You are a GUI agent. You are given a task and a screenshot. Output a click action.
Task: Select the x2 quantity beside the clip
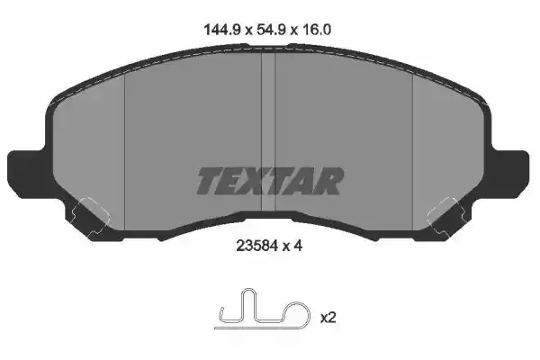tap(328, 317)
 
